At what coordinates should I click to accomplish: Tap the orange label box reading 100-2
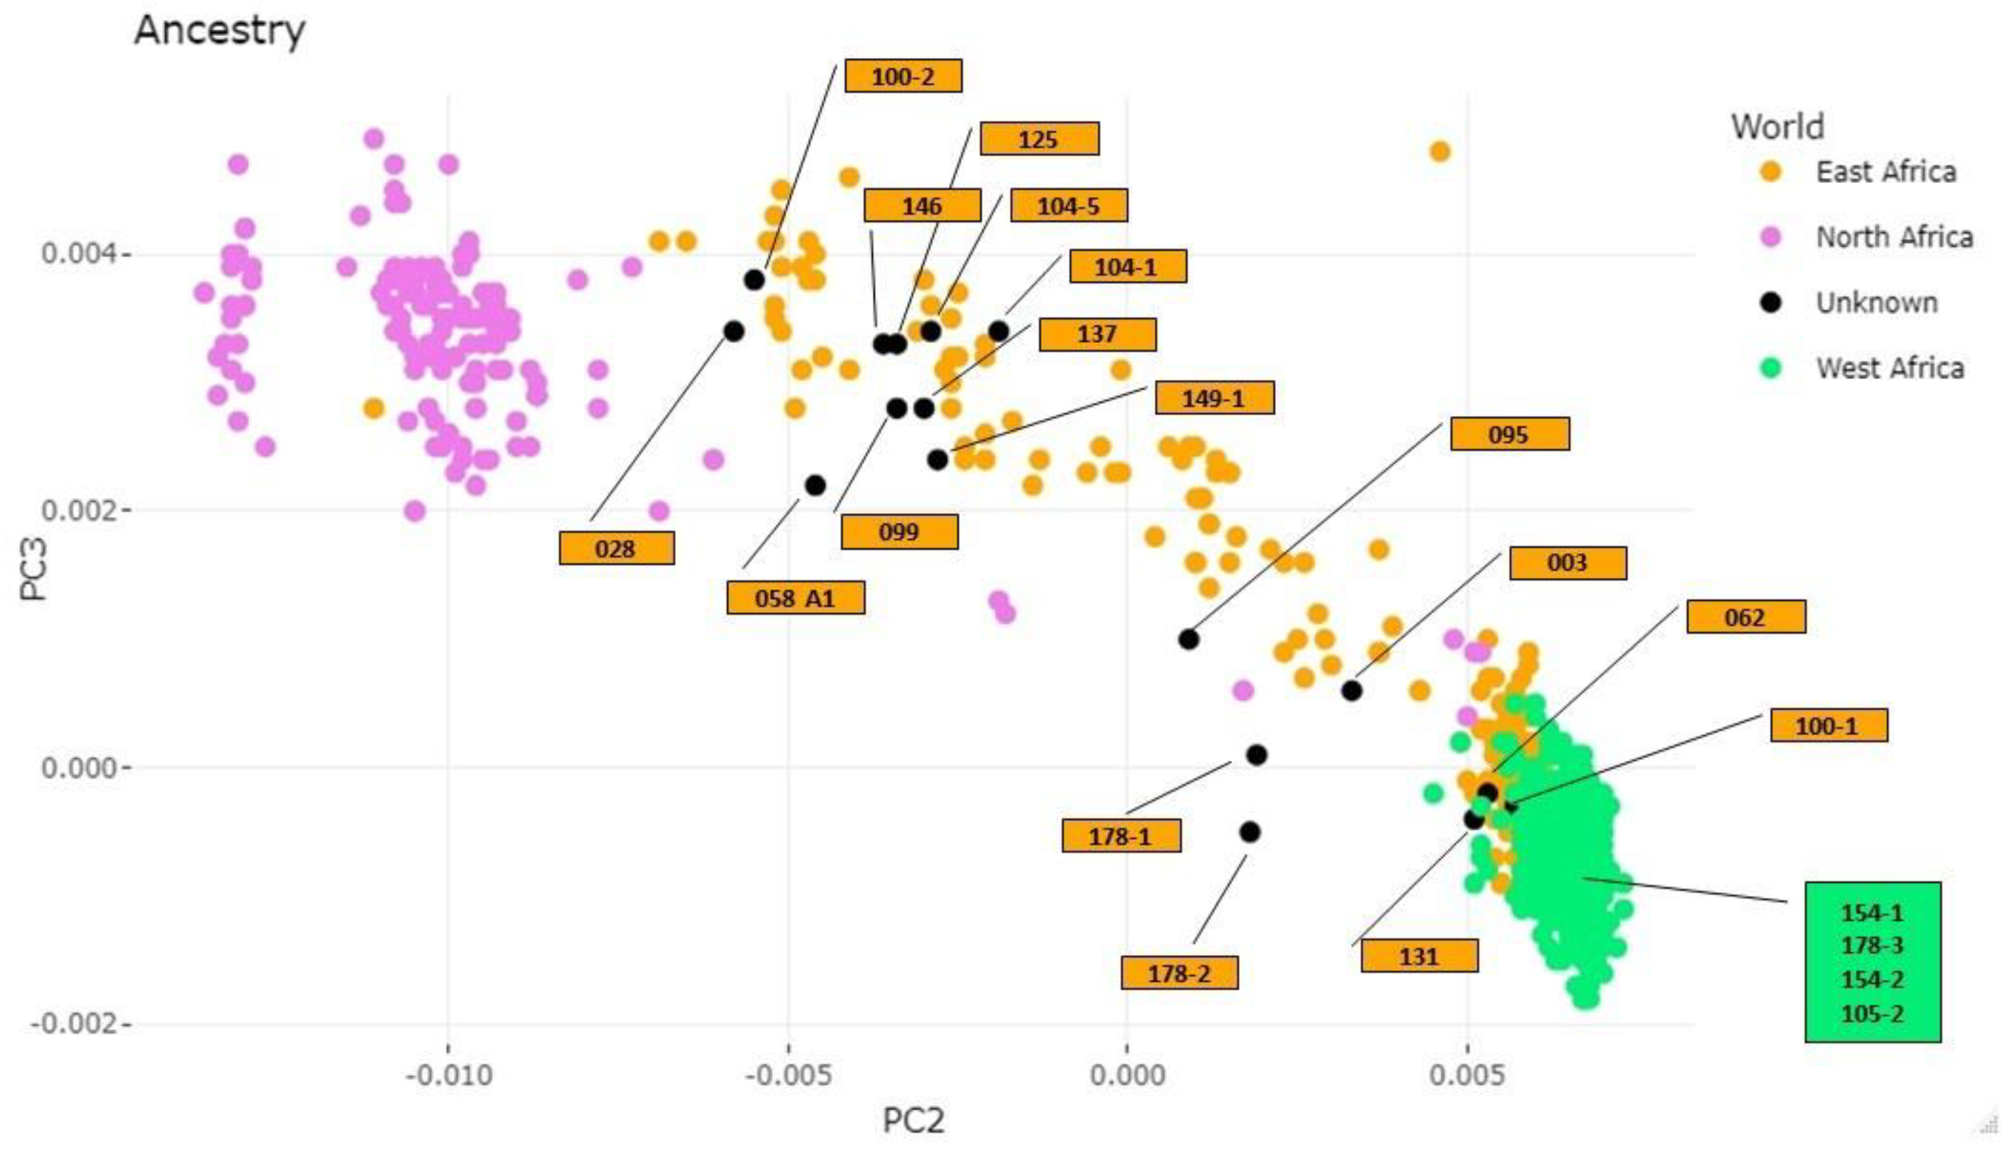pyautogui.click(x=902, y=77)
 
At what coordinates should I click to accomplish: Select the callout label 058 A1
pyautogui.click(x=795, y=598)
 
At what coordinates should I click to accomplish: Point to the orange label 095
pyautogui.click(x=1509, y=435)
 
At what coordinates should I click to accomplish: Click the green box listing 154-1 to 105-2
pyautogui.click(x=1872, y=962)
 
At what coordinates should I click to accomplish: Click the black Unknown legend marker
pyautogui.click(x=1771, y=302)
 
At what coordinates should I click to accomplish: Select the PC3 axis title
pyautogui.click(x=33, y=569)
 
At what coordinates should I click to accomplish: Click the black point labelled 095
pyautogui.click(x=1188, y=639)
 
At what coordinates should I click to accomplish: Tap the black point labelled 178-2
pyautogui.click(x=1249, y=832)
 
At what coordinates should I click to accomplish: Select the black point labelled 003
pyautogui.click(x=1351, y=691)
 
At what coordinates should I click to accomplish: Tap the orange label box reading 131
pyautogui.click(x=1419, y=956)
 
